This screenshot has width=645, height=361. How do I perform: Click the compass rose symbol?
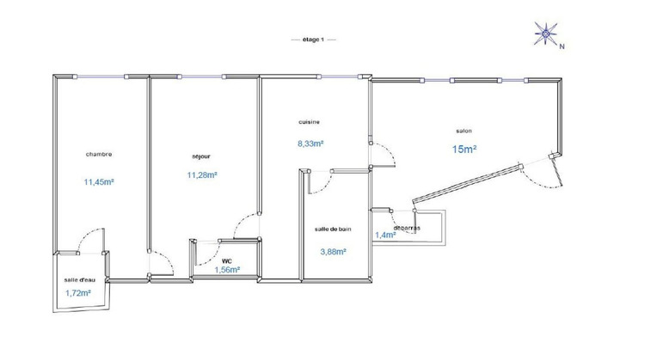pyautogui.click(x=544, y=34)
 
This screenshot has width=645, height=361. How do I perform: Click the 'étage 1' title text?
pyautogui.click(x=313, y=40)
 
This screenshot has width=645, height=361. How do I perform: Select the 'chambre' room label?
pyautogui.click(x=99, y=154)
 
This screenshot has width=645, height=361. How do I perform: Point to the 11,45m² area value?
pyautogui.click(x=100, y=181)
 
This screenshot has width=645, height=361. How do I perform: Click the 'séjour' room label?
pyautogui.click(x=202, y=156)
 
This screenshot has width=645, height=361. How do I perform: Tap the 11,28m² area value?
pyautogui.click(x=202, y=175)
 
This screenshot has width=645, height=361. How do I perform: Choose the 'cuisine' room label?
pyautogui.click(x=310, y=122)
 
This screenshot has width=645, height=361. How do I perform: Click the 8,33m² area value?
pyautogui.click(x=310, y=144)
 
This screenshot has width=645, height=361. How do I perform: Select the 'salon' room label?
pyautogui.click(x=464, y=131)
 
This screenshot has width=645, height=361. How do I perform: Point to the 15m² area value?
pyautogui.click(x=464, y=150)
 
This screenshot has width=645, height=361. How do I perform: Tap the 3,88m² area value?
pyautogui.click(x=334, y=252)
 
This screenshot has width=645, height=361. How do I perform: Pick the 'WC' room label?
pyautogui.click(x=227, y=260)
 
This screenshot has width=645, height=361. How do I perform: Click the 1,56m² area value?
pyautogui.click(x=227, y=270)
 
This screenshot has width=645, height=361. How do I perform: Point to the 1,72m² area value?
pyautogui.click(x=77, y=294)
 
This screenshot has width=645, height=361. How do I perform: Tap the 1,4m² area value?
pyautogui.click(x=384, y=235)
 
